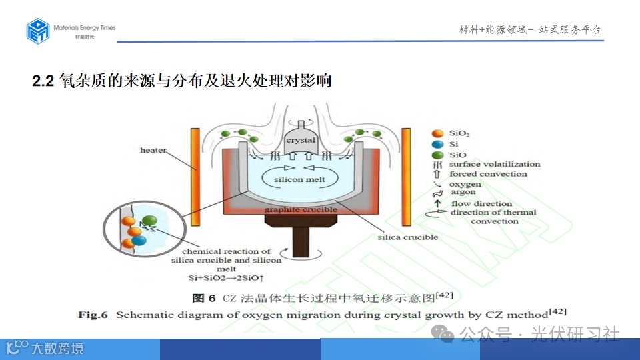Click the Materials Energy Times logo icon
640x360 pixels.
38,31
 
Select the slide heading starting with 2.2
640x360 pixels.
182,81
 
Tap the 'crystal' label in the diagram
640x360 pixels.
300,141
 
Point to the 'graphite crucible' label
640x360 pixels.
300,209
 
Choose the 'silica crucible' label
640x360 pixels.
407,237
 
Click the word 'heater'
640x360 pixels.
153,150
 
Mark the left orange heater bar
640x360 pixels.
195,177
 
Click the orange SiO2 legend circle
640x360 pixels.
438,133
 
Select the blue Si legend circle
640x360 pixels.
438,144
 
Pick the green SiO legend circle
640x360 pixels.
438,155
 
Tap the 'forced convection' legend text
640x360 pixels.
488,174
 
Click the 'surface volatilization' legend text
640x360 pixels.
495,164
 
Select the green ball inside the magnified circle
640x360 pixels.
149,221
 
